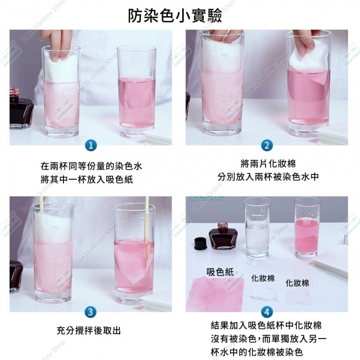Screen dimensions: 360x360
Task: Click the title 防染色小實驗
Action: point(175,16)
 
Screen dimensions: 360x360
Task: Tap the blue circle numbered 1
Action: point(91,146)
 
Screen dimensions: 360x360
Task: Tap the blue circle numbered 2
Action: point(267,146)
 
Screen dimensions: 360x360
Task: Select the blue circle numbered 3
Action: point(90,312)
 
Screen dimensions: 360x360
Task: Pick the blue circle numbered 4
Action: point(267,312)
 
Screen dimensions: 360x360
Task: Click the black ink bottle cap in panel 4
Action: point(201,244)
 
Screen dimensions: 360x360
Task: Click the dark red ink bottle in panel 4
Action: point(223,236)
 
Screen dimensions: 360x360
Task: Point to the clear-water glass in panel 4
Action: point(257,228)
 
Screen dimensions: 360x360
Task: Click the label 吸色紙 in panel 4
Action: point(220,272)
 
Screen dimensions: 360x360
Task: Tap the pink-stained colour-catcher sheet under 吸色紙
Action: point(216,294)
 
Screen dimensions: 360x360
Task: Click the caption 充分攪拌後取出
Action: point(88,331)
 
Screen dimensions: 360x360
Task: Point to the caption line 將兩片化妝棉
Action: point(268,164)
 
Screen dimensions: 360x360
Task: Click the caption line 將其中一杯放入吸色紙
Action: point(87,179)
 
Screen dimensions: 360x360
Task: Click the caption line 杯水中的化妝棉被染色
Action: point(257,352)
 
